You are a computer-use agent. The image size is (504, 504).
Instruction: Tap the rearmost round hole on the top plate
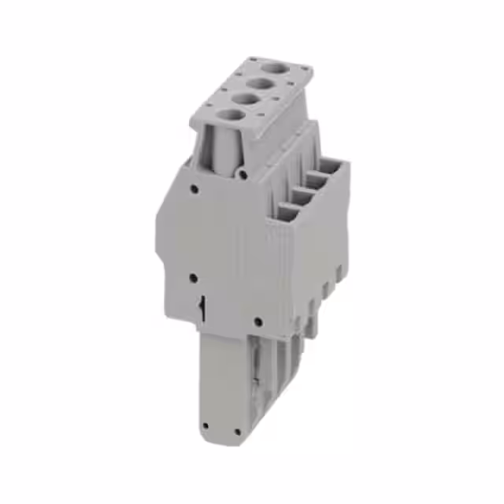point(275,68)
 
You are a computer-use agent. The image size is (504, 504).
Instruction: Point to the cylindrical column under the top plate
point(222,150)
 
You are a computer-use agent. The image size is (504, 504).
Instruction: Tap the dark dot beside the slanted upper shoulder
point(194,188)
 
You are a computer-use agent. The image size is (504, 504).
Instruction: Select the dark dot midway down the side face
point(194,277)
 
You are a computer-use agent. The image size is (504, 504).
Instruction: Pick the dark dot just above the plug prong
point(258,321)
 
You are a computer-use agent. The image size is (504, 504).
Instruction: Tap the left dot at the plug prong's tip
point(205,426)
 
